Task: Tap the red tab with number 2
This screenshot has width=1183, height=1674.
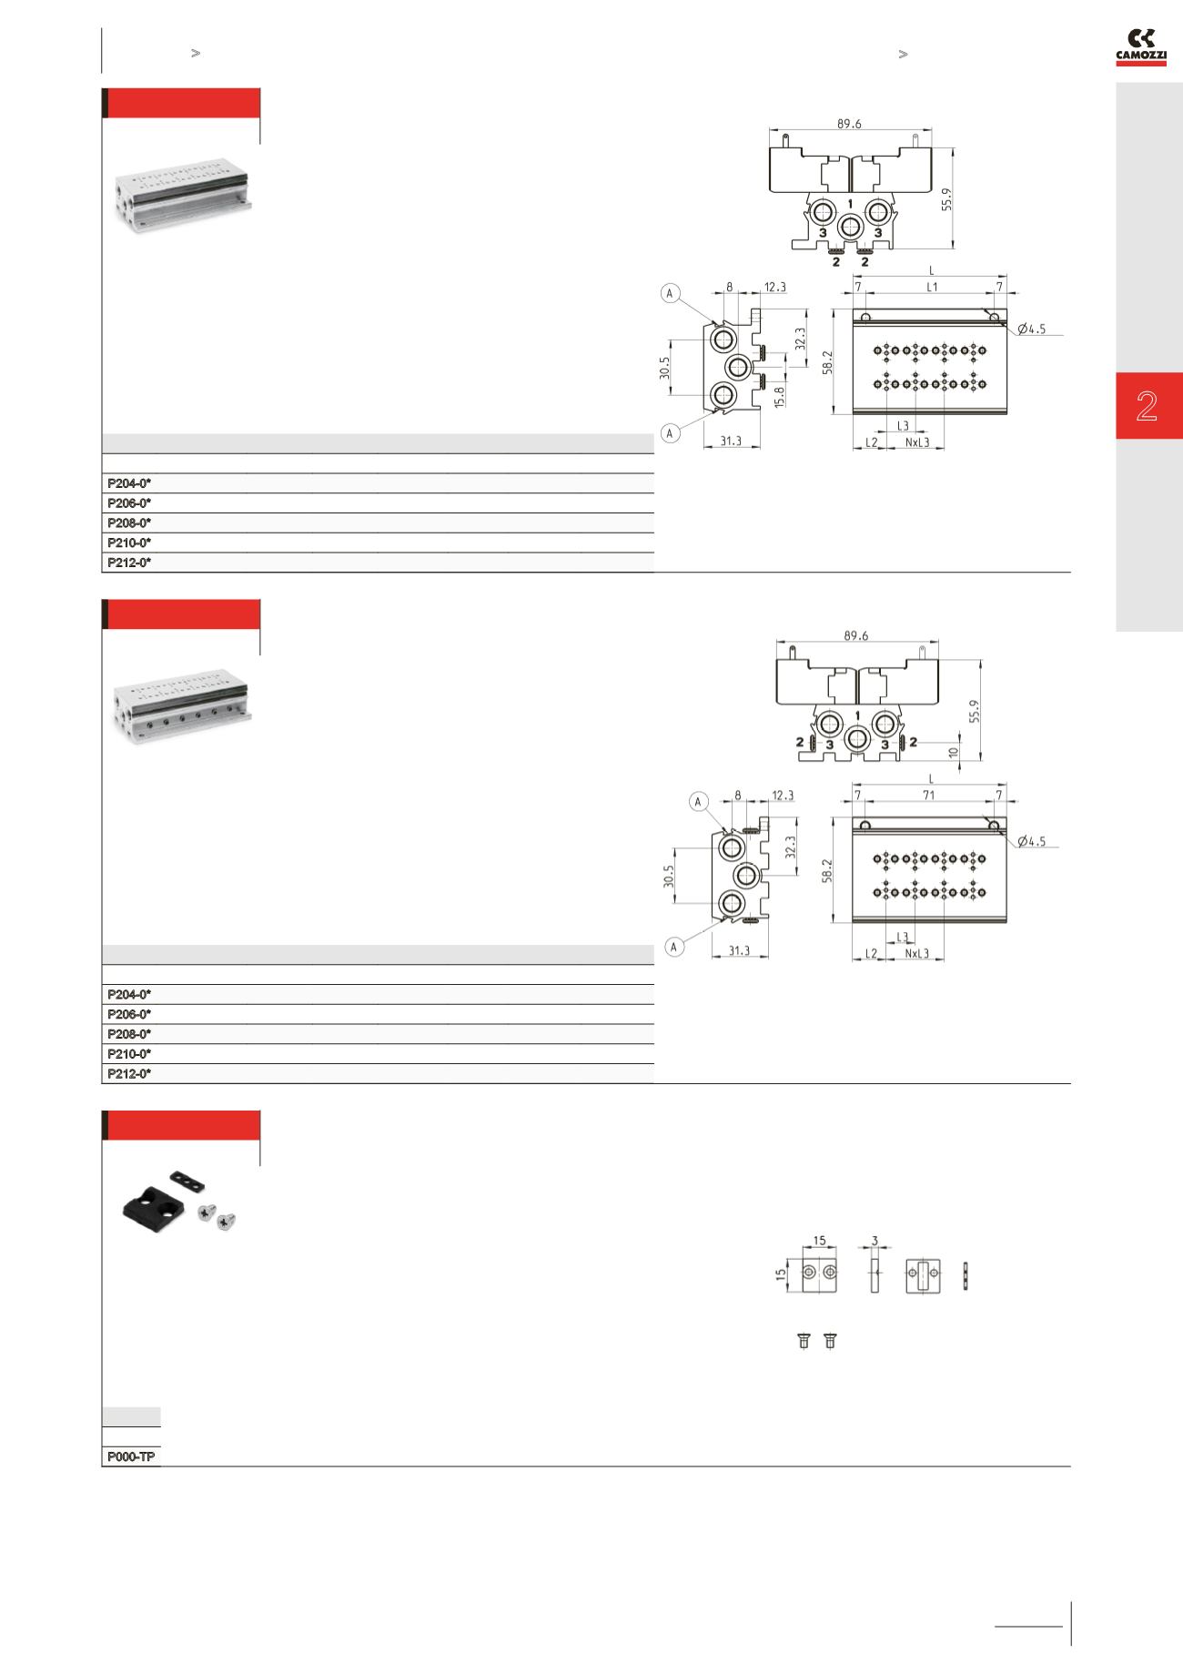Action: (x=1148, y=406)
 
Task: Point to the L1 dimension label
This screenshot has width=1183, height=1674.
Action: (x=932, y=287)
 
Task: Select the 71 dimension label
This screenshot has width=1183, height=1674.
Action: (x=928, y=796)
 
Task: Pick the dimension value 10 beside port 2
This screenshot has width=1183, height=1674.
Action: (x=953, y=753)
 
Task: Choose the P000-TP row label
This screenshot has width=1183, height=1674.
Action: (x=131, y=1457)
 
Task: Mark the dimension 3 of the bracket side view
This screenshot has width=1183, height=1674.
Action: (x=875, y=1241)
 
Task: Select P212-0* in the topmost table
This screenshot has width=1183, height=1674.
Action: (x=129, y=563)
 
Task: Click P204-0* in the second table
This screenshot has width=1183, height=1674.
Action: (x=129, y=994)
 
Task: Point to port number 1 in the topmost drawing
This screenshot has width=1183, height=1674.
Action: (x=850, y=203)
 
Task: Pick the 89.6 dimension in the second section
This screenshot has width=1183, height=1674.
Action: (x=855, y=636)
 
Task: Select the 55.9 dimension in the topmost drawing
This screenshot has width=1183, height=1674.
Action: (x=946, y=199)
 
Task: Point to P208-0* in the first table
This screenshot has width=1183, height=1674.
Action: (x=129, y=523)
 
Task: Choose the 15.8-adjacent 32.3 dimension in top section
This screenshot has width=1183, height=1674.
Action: (x=799, y=340)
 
